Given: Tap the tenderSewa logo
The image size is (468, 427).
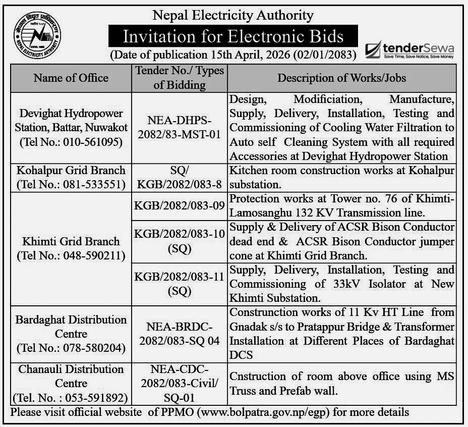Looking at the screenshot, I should [409, 50].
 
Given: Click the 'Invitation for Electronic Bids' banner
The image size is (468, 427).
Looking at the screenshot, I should [233, 36].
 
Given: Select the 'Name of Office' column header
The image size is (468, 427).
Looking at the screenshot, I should [71, 78].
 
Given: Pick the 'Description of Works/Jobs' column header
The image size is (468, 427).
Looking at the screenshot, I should [342, 78].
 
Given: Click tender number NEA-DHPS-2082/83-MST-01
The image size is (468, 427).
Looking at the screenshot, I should [180, 127].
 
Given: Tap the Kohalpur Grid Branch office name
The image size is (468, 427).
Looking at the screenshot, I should [71, 170].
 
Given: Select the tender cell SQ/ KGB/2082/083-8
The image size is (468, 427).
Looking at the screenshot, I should [180, 177].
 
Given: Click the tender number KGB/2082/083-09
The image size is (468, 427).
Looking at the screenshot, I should [180, 206].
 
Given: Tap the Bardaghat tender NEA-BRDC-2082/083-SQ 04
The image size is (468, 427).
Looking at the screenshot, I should [180, 334].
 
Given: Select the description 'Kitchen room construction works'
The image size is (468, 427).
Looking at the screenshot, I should [303, 171].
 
